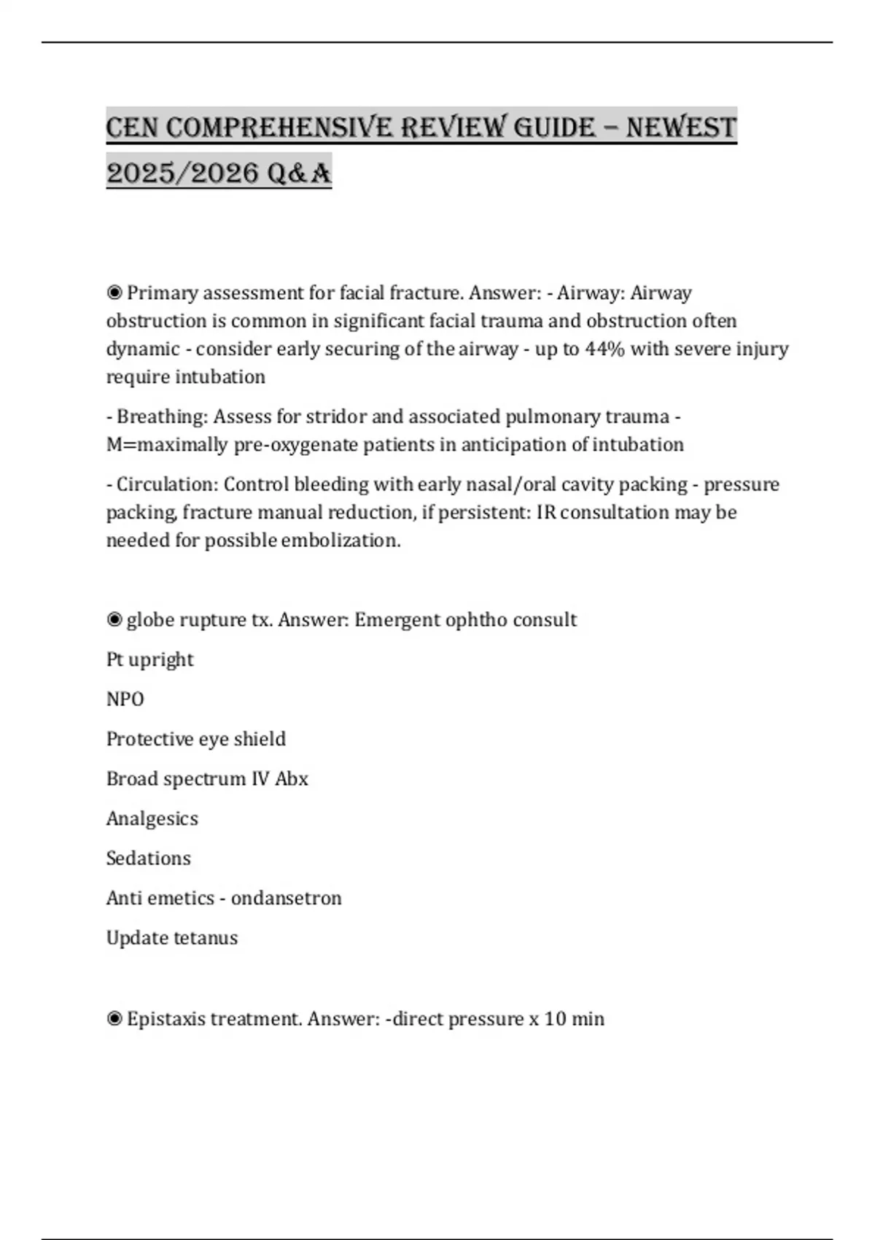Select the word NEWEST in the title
pyautogui.click(x=681, y=128)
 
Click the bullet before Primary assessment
pyautogui.click(x=114, y=292)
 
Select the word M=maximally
pyautogui.click(x=167, y=444)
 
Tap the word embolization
pyautogui.click(x=341, y=540)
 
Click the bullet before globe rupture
pyautogui.click(x=114, y=619)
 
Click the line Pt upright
pyautogui.click(x=149, y=659)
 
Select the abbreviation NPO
pyautogui.click(x=125, y=699)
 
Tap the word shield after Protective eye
pyautogui.click(x=260, y=739)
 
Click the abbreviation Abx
pyautogui.click(x=292, y=778)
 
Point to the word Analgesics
pyautogui.click(x=152, y=818)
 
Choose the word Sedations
pyautogui.click(x=148, y=858)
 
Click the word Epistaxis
pyautogui.click(x=166, y=1018)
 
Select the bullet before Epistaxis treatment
pyautogui.click(x=114, y=1018)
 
